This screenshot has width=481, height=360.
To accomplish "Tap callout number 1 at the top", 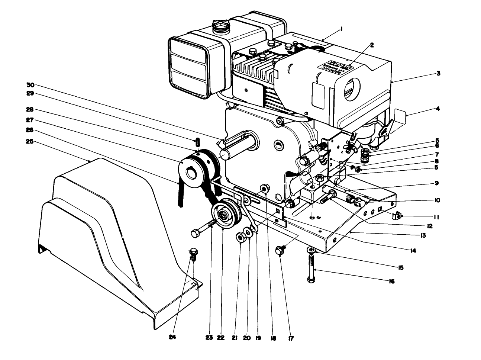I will [341, 28].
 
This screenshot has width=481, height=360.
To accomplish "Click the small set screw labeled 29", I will [198, 142].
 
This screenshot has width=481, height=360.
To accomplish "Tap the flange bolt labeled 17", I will [280, 250].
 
